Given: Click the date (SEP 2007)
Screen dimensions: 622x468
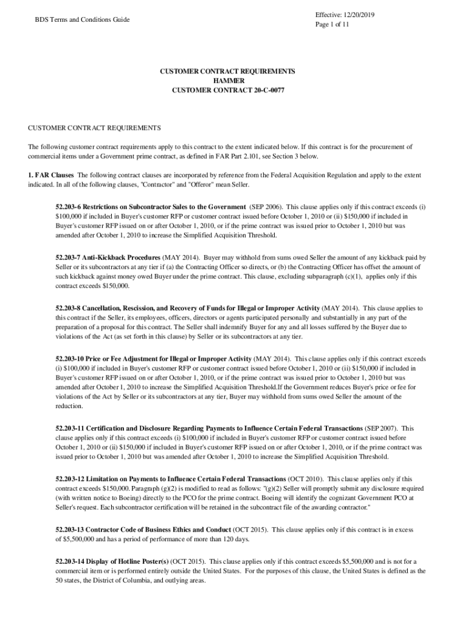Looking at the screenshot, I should (x=382, y=428).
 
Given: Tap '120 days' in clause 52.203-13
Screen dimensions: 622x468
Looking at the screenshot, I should (x=235, y=539).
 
